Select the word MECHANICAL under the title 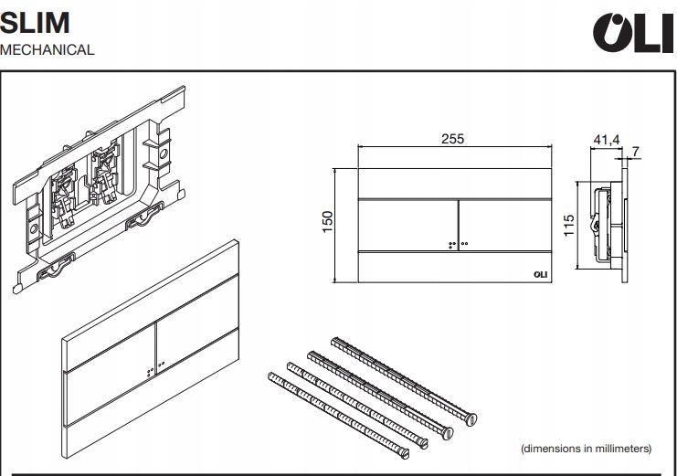point(48,50)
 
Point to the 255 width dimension point(453,139)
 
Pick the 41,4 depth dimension point(607,140)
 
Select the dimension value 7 point(636,151)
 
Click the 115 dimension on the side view point(568,224)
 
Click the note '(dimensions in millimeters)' point(586,449)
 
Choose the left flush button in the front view point(405,224)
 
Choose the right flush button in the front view point(503,224)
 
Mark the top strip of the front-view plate point(453,183)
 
